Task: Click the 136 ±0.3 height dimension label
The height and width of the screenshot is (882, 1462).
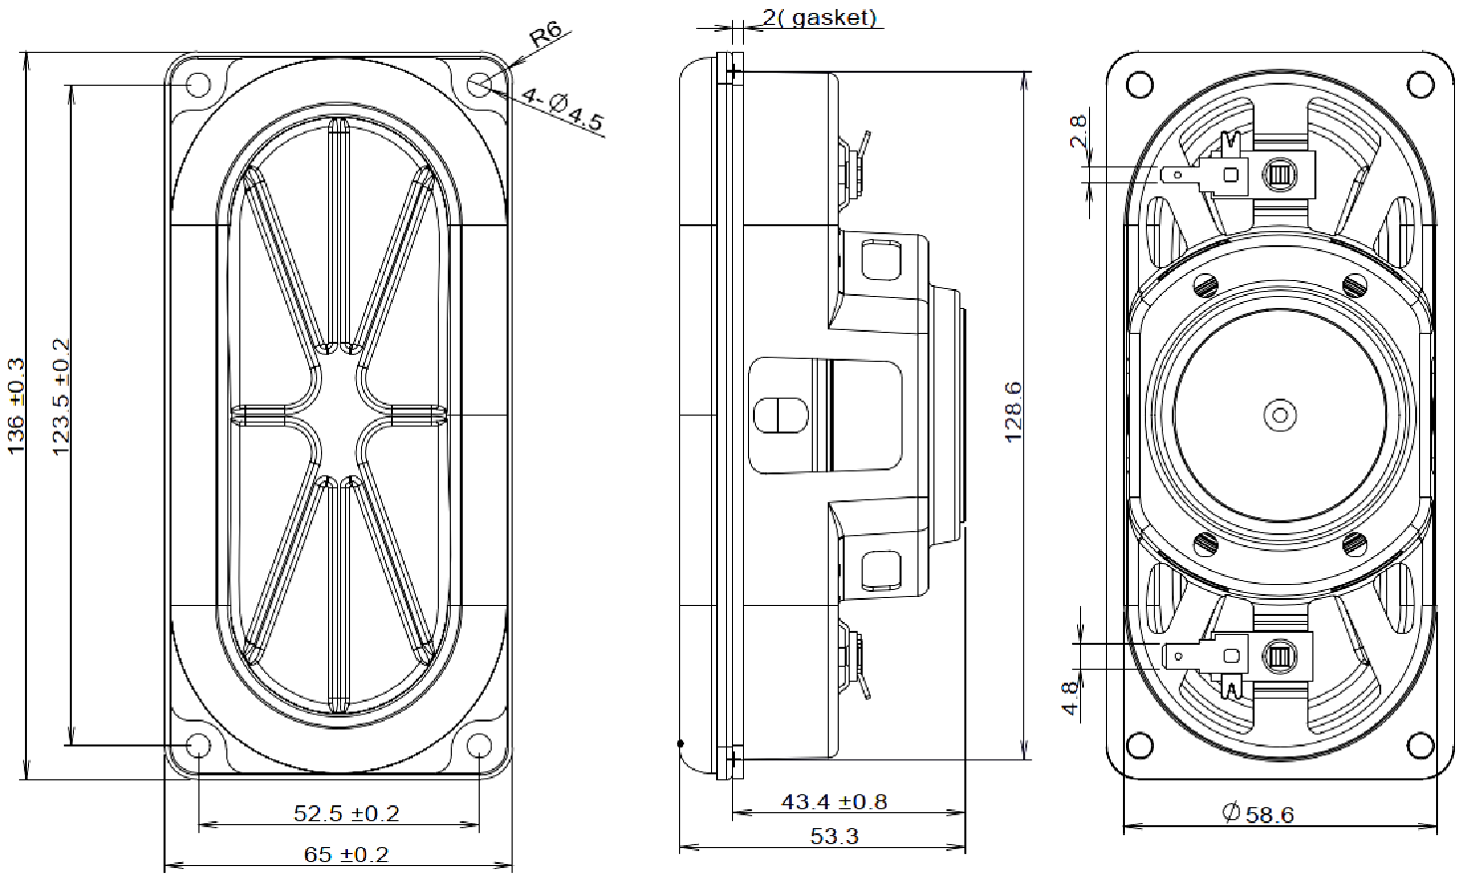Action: (x=17, y=407)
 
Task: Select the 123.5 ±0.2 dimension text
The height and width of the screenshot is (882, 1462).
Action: (x=60, y=398)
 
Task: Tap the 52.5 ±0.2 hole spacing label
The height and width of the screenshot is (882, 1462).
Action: (x=345, y=813)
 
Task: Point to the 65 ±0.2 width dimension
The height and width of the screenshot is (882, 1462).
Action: (x=345, y=854)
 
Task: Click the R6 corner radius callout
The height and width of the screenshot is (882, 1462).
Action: (x=545, y=37)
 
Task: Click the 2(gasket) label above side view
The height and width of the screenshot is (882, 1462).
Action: (x=819, y=18)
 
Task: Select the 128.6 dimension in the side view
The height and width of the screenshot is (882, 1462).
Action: (x=1013, y=411)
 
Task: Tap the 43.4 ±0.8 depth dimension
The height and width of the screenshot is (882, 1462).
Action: (x=834, y=801)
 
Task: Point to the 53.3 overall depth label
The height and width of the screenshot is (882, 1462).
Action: (x=834, y=836)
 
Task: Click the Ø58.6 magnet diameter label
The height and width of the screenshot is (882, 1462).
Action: (x=1258, y=814)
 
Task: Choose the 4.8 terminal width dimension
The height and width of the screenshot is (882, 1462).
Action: (x=1070, y=697)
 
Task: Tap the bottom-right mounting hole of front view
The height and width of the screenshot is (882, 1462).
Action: (x=480, y=745)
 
